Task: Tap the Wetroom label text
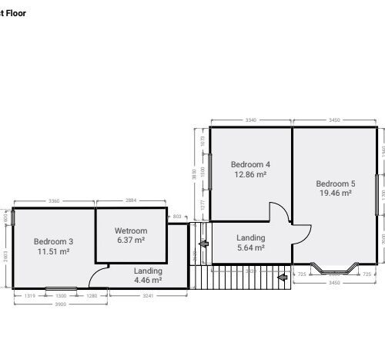(x=130, y=230)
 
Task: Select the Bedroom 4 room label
(x=250, y=164)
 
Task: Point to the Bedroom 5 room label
(x=336, y=183)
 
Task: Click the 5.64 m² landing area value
(x=250, y=248)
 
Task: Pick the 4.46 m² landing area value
(x=148, y=281)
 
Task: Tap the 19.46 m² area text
(x=336, y=193)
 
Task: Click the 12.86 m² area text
(x=250, y=175)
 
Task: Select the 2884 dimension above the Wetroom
(x=130, y=200)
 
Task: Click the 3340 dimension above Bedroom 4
(x=250, y=120)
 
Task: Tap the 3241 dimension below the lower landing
(x=148, y=295)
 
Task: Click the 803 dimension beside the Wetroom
(x=177, y=217)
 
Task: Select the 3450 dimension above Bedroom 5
(x=334, y=120)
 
